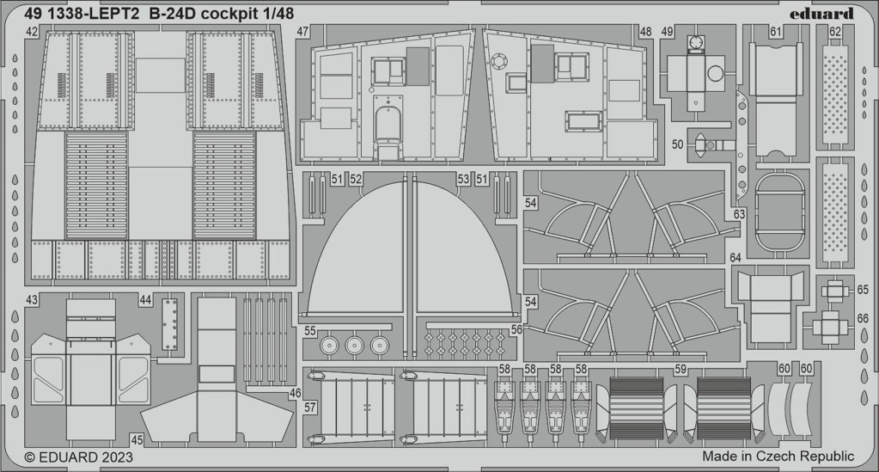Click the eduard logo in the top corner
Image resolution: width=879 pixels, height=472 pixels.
[x=821, y=14]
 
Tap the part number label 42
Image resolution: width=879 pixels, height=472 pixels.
[x=32, y=32]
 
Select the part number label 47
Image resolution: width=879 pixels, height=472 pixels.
[x=302, y=32]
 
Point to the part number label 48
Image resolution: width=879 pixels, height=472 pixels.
[x=646, y=32]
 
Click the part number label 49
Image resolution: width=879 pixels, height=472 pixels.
[x=667, y=32]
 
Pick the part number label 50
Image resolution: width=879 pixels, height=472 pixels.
[x=677, y=144]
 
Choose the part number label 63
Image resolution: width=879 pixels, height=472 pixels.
[x=739, y=214]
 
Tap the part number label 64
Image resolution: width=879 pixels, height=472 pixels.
[x=736, y=258]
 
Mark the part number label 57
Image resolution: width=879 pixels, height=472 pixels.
[x=310, y=408]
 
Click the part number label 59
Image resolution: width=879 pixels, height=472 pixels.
[x=681, y=370]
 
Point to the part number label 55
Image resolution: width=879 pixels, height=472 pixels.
[x=310, y=331]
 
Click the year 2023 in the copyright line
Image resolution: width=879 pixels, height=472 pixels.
[x=117, y=457]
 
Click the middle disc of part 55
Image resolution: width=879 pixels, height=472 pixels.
[x=354, y=345]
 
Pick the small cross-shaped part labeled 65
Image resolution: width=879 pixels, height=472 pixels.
[x=832, y=290]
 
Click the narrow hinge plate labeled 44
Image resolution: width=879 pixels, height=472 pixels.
[x=169, y=324]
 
